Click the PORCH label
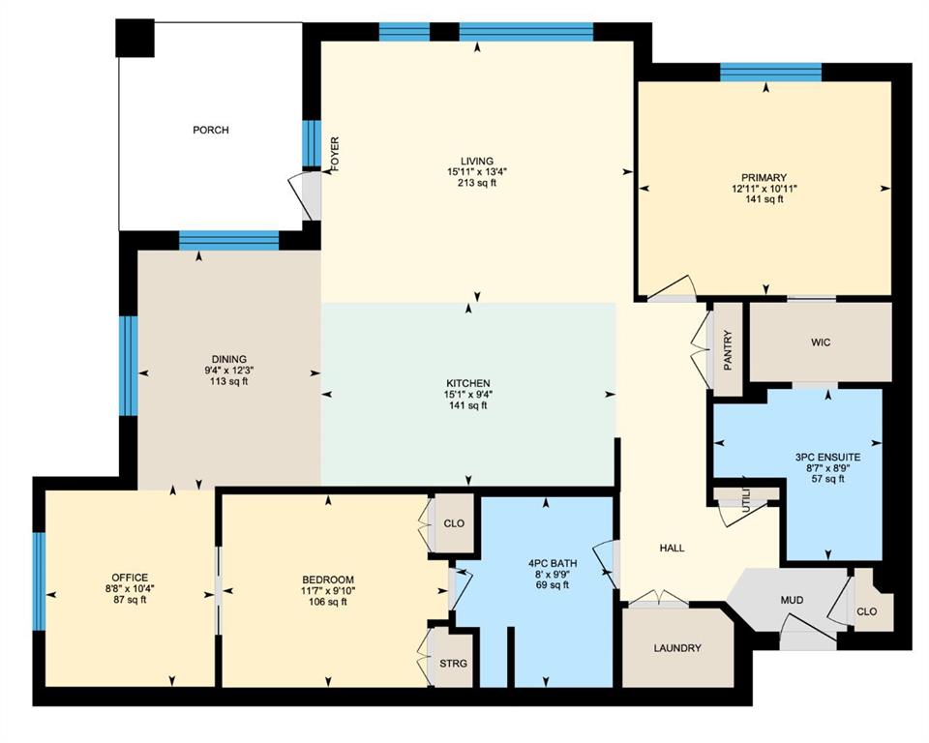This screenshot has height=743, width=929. pos(210,130)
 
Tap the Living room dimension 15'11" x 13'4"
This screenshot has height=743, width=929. pos(477,172)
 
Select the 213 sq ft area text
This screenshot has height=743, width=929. pos(477,183)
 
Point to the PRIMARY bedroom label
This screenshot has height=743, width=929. pos(764,177)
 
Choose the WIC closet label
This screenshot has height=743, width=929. pos(821,342)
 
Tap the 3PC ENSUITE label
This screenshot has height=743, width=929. pos(827,458)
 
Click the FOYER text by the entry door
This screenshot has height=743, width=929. pos(335,154)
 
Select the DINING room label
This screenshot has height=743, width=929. pos(228,359)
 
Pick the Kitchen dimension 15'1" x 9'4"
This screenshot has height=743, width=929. pos(468,395)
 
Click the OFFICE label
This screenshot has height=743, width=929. pos(130,578)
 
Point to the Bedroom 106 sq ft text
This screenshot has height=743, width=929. pos(328,602)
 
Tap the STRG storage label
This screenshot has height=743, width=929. pos(453,663)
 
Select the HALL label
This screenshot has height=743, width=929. pos(672,549)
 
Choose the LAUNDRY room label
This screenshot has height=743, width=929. pos(677,648)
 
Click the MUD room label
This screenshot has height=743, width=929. pos(792,600)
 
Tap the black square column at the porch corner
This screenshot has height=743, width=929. pos(135,38)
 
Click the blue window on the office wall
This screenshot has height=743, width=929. pos(39,581)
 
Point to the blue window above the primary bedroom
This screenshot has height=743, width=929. pos(771,73)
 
